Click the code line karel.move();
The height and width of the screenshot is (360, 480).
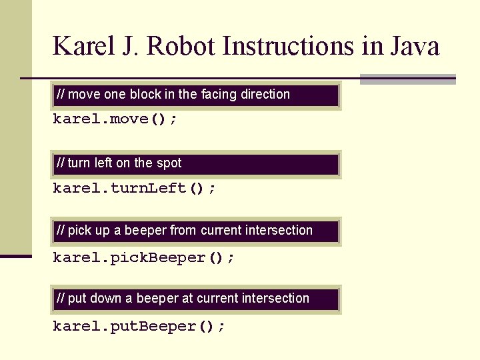pos(115,119)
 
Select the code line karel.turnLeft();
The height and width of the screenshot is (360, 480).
pos(134,188)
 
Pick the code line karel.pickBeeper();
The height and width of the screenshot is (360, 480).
pos(143,257)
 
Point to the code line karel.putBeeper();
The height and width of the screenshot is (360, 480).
pos(139,326)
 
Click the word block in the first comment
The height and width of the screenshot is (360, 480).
pos(145,95)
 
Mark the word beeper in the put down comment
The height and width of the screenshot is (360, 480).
pos(158,299)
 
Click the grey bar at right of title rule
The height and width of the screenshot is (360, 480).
pos(407,79)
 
